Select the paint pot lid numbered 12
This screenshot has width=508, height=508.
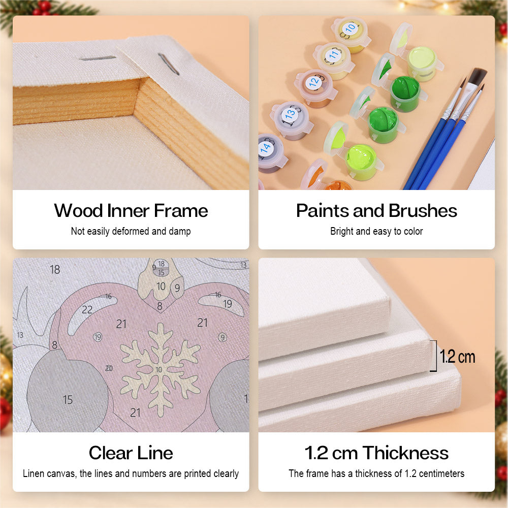pos(314,82)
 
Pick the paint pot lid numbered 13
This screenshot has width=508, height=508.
pos(290,114)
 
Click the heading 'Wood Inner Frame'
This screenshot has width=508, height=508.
pos(131,211)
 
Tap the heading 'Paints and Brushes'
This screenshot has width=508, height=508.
pos(376,211)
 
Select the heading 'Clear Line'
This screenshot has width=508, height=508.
pos(131,453)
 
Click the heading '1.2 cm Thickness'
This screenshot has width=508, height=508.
pos(376,453)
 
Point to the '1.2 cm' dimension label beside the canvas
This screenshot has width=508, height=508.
pos(457,357)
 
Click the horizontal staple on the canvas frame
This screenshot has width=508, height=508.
pos(98,58)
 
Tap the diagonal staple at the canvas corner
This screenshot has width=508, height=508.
pos(169,64)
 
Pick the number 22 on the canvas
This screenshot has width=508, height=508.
pos(87,310)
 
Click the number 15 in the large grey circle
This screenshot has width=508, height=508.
pos(68,400)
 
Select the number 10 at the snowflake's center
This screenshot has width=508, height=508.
pos(158,370)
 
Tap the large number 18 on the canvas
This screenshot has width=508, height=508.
pos(55,270)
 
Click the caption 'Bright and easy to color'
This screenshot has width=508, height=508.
pos(376,231)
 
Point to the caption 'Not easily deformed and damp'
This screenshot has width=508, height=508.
pos(131,231)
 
